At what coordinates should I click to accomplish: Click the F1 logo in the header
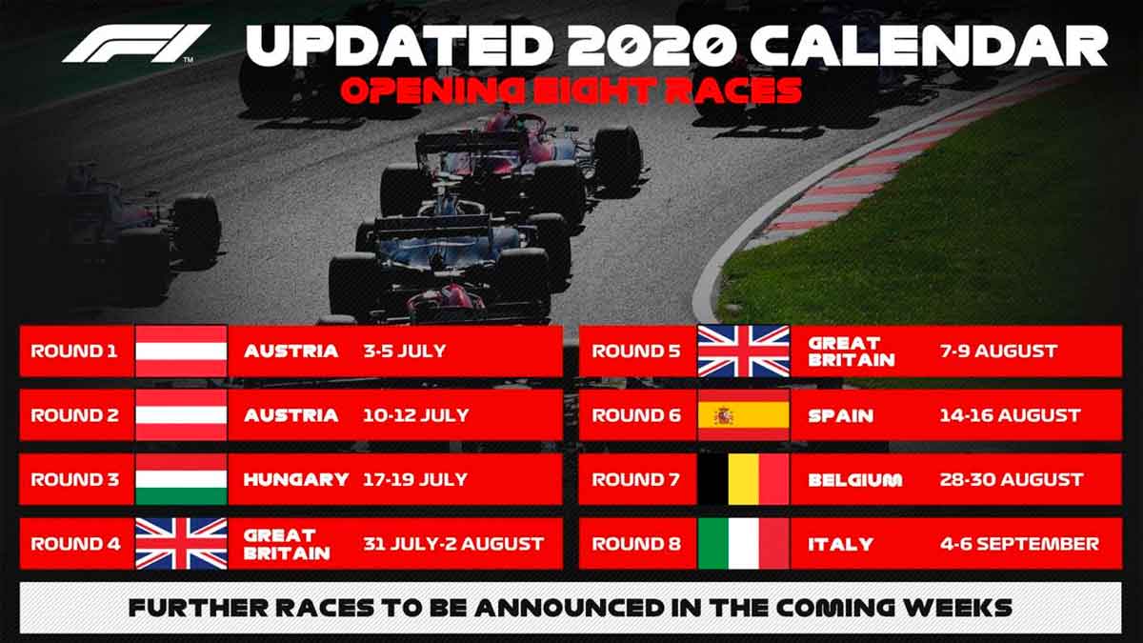point(136,44)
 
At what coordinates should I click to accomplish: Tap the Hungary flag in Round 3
point(181,479)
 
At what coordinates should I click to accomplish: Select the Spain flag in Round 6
point(743,415)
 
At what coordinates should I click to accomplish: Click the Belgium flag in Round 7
point(743,479)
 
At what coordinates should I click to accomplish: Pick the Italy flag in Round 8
point(743,544)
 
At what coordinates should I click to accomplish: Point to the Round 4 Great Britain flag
point(181,544)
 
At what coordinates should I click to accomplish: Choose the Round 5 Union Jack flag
point(743,351)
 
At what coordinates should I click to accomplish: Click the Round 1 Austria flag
point(181,351)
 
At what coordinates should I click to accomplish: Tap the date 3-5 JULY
point(404,351)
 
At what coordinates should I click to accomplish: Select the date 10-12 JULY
point(416,415)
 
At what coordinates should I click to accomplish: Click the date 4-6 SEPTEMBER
point(1017,544)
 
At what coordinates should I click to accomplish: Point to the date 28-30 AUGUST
point(1011,479)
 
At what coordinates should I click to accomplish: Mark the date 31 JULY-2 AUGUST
point(453,544)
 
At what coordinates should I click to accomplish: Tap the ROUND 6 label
point(634,415)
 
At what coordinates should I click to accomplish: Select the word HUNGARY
point(296,479)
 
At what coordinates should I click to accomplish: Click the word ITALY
point(840,544)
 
